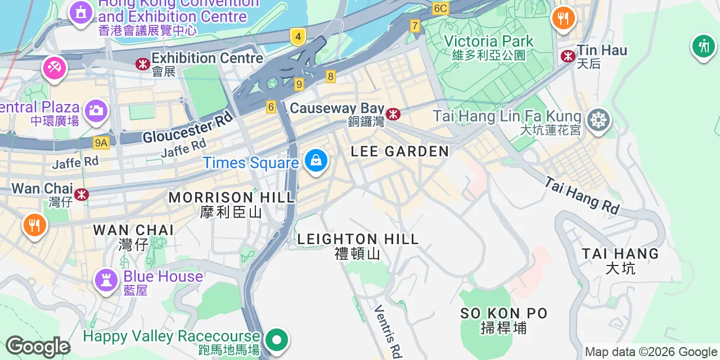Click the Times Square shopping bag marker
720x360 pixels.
(316, 161)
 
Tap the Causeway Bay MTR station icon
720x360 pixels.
(393, 114)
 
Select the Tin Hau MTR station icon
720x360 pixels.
(568, 56)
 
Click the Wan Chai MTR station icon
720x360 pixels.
(82, 195)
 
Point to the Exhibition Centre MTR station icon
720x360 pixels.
(143, 64)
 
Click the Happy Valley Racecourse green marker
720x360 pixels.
(277, 340)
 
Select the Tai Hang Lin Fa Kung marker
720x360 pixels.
(598, 120)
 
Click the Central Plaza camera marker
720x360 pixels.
(96, 110)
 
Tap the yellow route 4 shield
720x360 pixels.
(298, 38)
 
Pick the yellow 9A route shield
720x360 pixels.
(101, 143)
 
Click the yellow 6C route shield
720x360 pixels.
(440, 8)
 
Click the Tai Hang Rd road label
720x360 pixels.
(582, 196)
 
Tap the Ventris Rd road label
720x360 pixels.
(388, 332)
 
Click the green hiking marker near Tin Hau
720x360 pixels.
(703, 46)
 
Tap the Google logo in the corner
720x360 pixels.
(38, 347)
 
